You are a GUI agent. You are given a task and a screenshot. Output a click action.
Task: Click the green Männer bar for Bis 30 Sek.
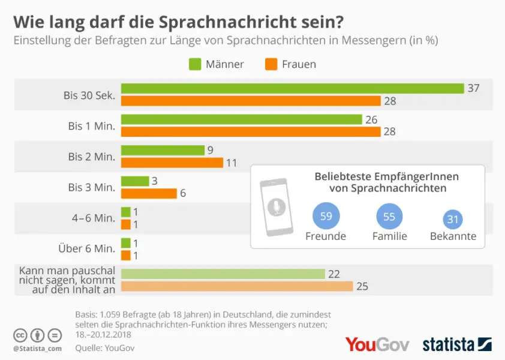[x=293, y=88]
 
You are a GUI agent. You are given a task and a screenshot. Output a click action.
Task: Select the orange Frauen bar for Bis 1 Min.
[x=251, y=131]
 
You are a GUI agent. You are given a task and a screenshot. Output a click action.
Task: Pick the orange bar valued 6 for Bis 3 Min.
[x=149, y=193]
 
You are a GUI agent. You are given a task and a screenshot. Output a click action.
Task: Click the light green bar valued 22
[x=223, y=274]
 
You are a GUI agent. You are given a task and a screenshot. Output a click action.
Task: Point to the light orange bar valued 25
[x=236, y=286]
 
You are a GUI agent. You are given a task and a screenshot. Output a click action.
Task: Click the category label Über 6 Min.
[x=88, y=248]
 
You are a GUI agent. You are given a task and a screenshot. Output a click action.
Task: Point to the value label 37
[x=474, y=88]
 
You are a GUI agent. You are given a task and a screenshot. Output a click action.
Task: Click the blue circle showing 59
[x=326, y=217]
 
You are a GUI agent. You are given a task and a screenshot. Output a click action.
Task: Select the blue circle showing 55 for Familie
[x=389, y=217]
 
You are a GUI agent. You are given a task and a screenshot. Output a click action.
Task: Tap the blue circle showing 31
[x=453, y=220]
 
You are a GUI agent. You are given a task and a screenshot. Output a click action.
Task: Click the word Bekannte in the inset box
[x=453, y=236]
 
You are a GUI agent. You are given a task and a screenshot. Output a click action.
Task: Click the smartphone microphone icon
[x=276, y=207]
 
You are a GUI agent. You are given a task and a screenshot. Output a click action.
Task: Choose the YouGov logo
[x=377, y=344]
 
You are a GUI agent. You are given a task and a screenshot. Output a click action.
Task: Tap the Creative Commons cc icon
[x=21, y=335]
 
